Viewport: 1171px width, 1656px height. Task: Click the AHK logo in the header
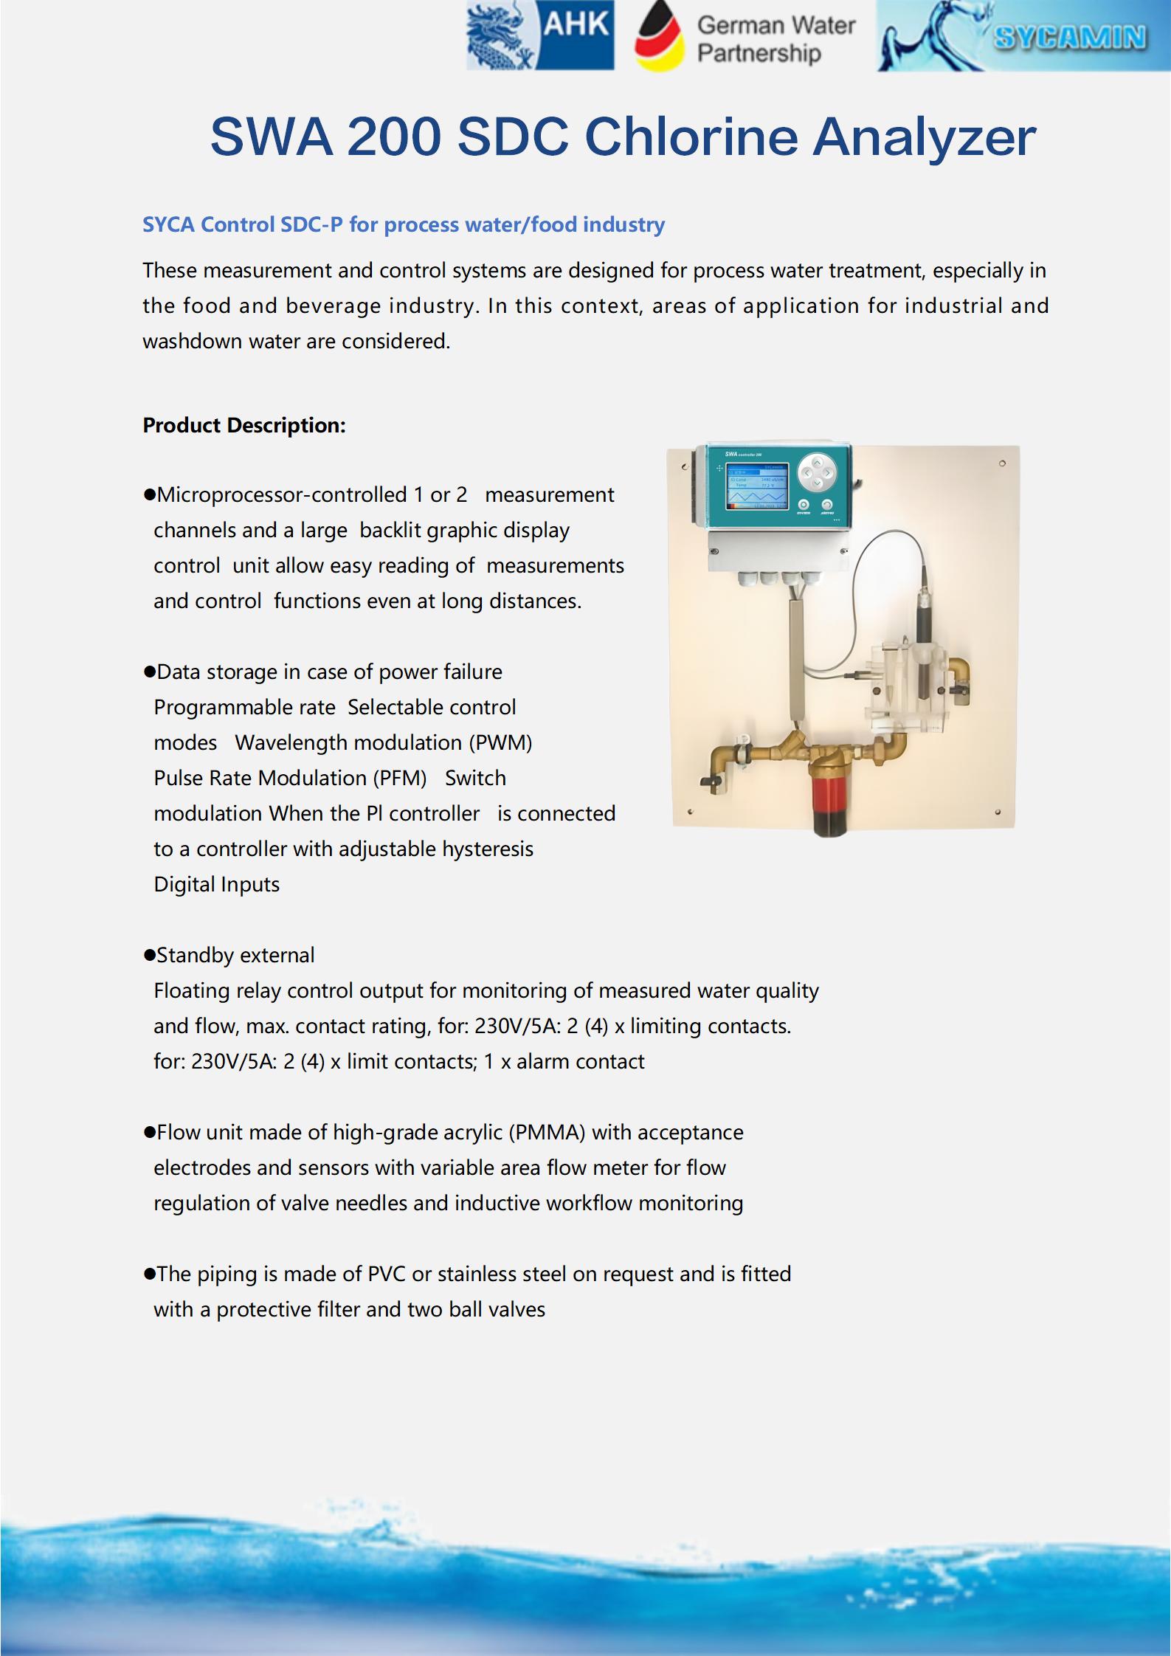[x=540, y=35]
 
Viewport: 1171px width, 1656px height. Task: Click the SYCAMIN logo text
[x=1069, y=37]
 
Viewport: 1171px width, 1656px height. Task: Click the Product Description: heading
[x=243, y=426]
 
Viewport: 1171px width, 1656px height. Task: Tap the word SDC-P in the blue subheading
[x=311, y=224]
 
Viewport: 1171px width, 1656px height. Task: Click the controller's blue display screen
[x=757, y=486]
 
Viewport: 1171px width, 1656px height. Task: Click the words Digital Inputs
[x=216, y=884]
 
